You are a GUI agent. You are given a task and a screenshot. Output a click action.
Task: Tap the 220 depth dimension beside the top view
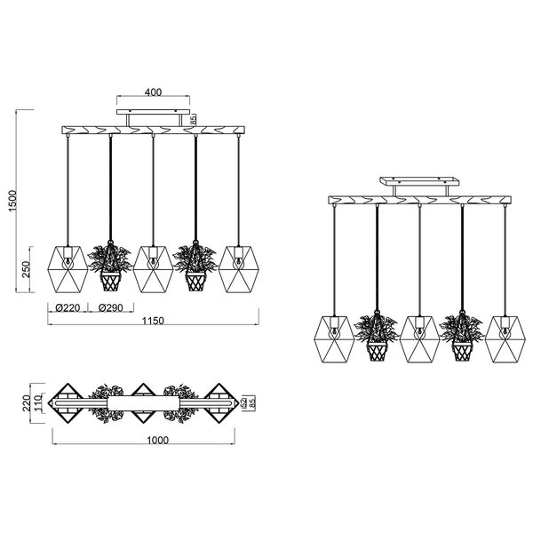[27, 405]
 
